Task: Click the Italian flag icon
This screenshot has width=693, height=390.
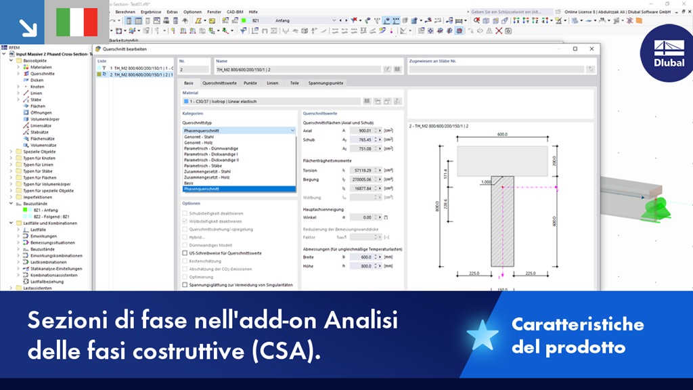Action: pyautogui.click(x=76, y=22)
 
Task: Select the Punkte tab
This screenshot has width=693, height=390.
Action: pyautogui.click(x=250, y=83)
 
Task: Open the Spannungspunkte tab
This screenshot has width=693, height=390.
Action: pyautogui.click(x=327, y=83)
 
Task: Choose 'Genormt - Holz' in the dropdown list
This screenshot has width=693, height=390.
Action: pyautogui.click(x=198, y=143)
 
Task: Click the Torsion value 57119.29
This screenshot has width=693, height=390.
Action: pyautogui.click(x=362, y=171)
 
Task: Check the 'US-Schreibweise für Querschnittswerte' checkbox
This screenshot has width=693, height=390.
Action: pyautogui.click(x=185, y=253)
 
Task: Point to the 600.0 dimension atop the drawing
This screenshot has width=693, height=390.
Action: pyautogui.click(x=502, y=135)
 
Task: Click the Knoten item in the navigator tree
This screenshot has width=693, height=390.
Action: pyautogui.click(x=37, y=87)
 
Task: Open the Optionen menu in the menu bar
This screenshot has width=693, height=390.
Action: pyautogui.click(x=192, y=12)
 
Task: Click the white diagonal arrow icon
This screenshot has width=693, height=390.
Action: pyautogui.click(x=28, y=26)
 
